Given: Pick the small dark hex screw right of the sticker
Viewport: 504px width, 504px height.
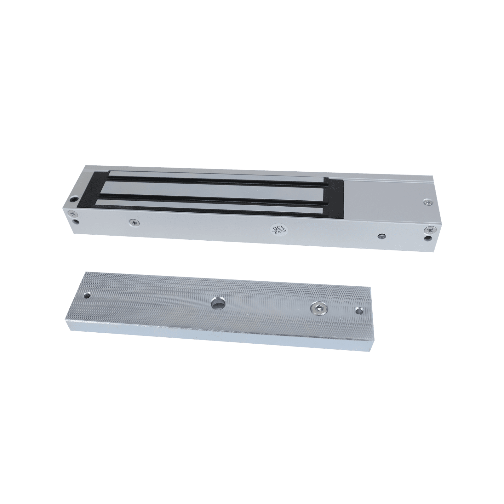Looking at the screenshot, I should coord(382,236).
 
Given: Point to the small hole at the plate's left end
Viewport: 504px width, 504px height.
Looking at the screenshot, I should coord(86,296).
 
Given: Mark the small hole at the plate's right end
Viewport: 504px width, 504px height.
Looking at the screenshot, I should coord(358,311).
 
